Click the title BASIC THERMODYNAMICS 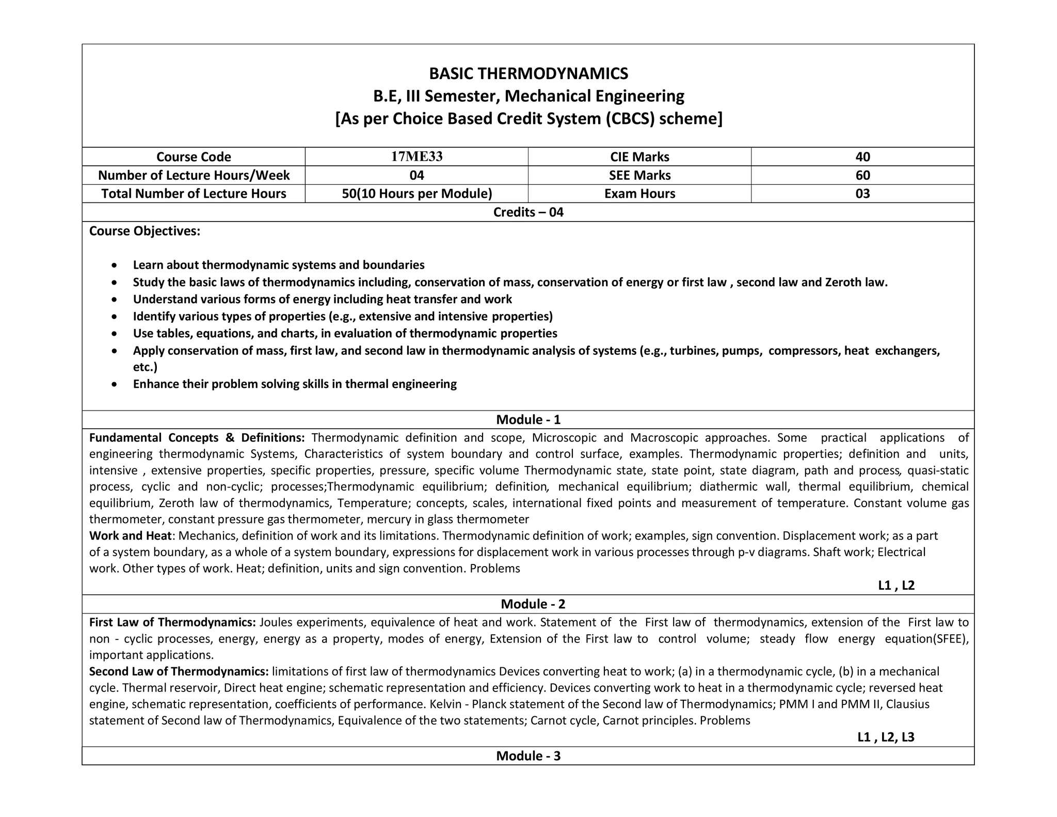pos(528,74)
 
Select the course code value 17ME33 pos(417,156)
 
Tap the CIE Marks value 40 pos(862,156)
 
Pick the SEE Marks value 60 pos(862,175)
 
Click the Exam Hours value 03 pos(862,194)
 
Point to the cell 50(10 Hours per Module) pos(417,194)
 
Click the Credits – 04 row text pos(528,212)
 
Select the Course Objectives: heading pos(145,231)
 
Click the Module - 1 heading pos(528,419)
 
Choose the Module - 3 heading pos(528,756)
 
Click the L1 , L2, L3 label pos(886,737)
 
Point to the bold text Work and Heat pos(130,536)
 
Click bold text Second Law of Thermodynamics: pos(179,671)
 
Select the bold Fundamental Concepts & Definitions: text pos(197,438)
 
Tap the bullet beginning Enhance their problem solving pos(294,384)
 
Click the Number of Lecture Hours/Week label pos(194,175)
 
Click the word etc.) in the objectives pos(145,367)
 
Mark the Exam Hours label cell pos(639,194)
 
